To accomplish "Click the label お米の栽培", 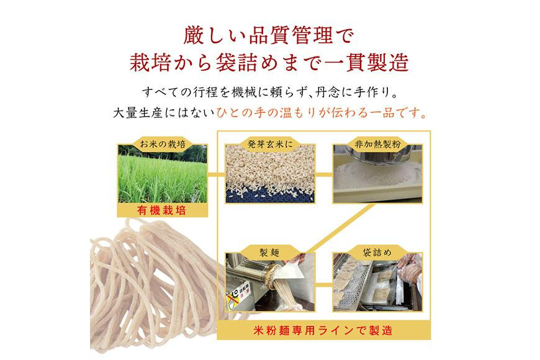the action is click(x=162, y=144).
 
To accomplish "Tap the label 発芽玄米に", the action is click(x=270, y=144).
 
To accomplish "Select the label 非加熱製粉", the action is click(x=377, y=144).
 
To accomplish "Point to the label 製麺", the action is click(x=269, y=253).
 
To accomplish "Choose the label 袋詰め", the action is click(x=377, y=253).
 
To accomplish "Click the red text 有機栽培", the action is click(x=162, y=210).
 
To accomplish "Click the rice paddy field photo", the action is click(x=163, y=174).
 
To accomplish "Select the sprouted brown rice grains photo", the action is click(x=270, y=174).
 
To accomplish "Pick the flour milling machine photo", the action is click(x=377, y=174).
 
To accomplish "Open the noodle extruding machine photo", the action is click(x=270, y=282).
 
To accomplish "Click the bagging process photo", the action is click(x=377, y=282).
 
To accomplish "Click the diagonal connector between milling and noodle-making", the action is click(x=340, y=228).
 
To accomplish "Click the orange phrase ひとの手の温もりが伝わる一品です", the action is click(x=322, y=113).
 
